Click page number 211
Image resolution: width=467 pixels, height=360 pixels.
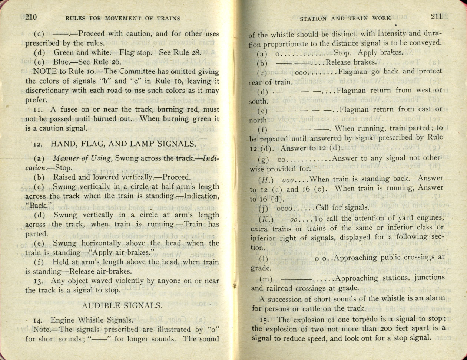pos(436,16)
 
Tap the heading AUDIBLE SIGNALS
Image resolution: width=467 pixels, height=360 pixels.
pos(122,306)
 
